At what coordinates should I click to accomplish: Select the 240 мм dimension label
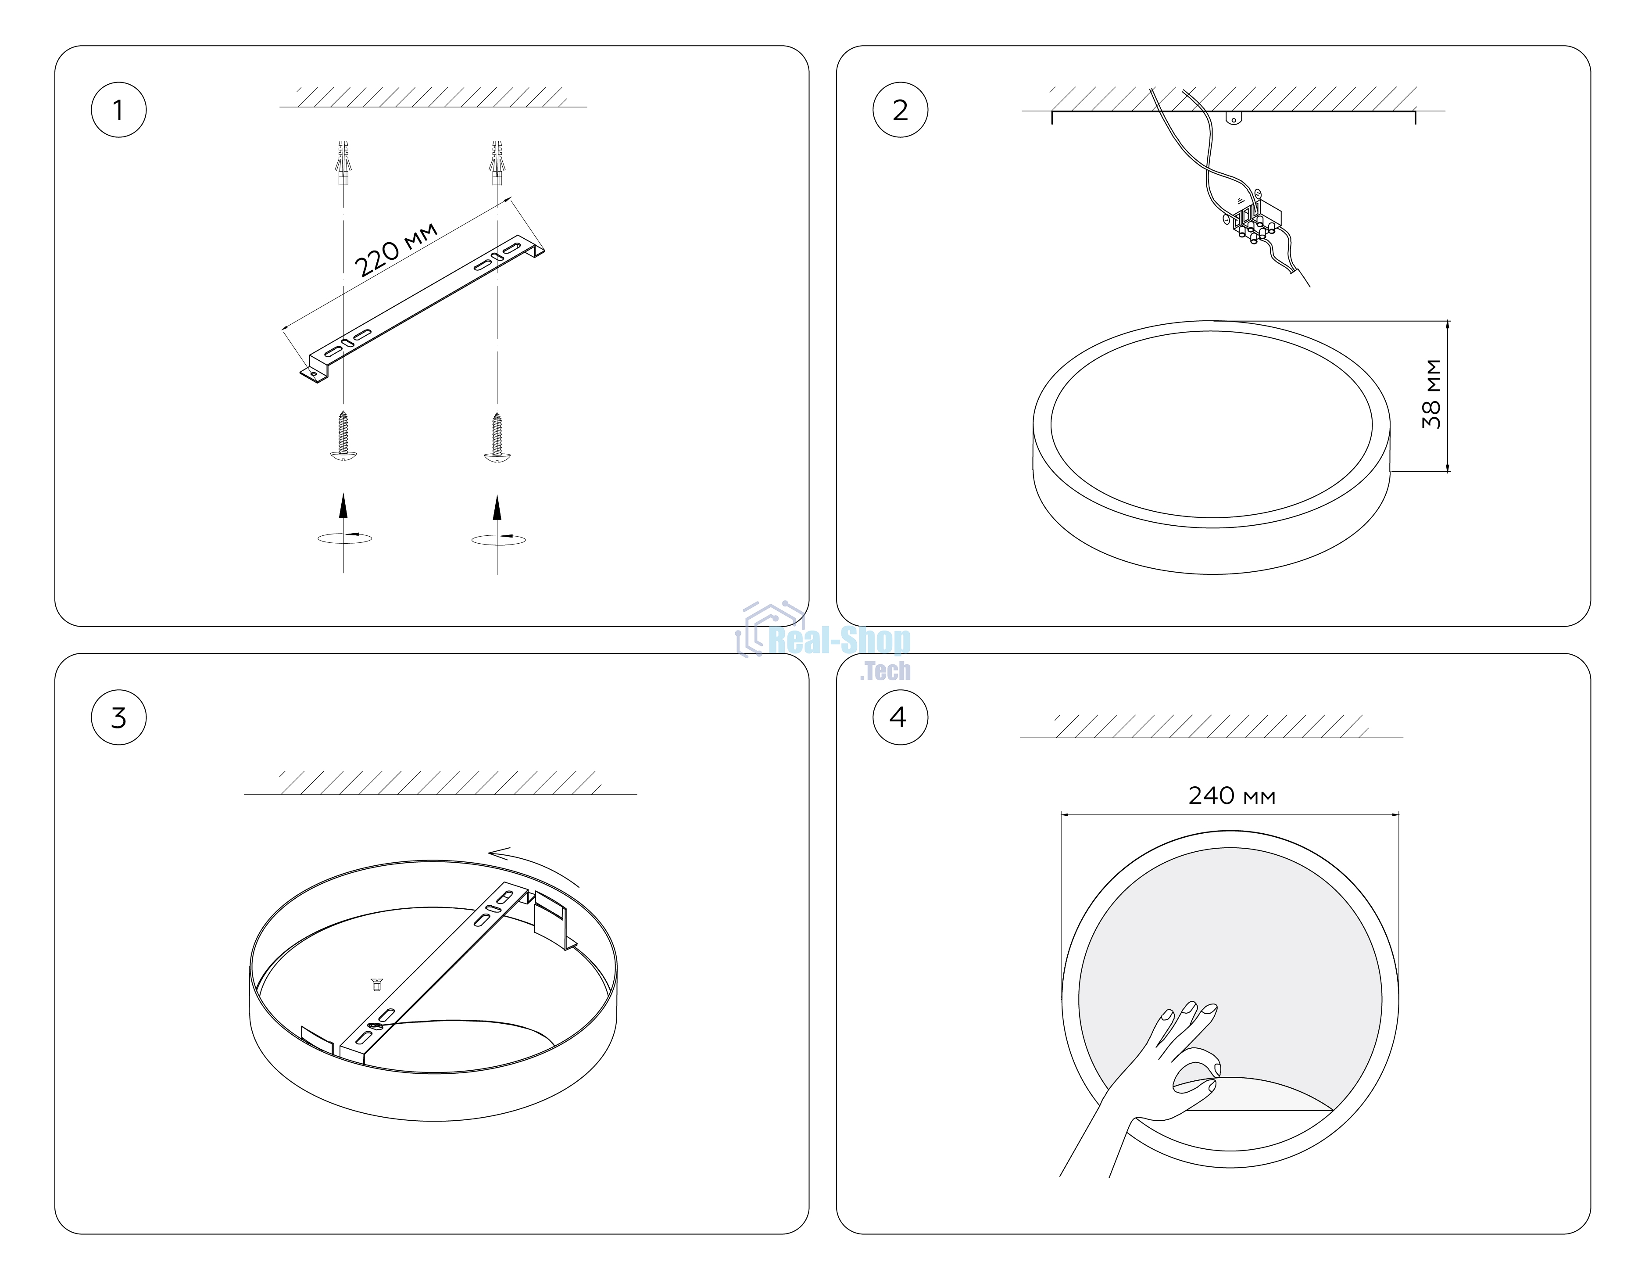(1232, 796)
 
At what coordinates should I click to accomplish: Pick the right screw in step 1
(497, 437)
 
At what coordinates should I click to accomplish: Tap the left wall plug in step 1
(343, 163)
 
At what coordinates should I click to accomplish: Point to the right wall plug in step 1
(497, 163)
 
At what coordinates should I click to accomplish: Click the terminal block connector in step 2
(1254, 220)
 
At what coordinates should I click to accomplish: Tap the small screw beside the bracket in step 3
(377, 985)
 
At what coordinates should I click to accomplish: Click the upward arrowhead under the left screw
(343, 506)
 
